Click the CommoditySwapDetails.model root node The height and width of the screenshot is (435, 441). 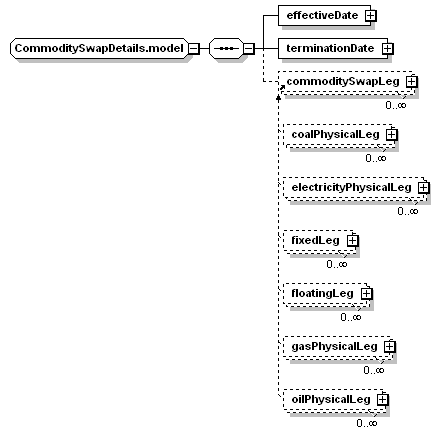[99, 49]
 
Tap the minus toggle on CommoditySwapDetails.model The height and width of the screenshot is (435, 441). [194, 49]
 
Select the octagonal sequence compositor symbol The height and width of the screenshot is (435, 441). [226, 49]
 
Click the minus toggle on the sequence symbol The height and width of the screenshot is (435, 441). [249, 49]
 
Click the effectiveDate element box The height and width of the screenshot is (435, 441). [324, 15]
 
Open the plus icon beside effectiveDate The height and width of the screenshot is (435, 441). [371, 15]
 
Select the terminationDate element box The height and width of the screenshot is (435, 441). [333, 49]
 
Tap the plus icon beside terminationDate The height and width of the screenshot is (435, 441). [387, 49]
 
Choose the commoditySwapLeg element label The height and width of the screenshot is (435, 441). [343, 82]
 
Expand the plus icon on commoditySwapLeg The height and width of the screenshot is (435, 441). [412, 82]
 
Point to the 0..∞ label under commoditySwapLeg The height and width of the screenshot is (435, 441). [396, 105]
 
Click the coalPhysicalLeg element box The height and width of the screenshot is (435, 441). [340, 135]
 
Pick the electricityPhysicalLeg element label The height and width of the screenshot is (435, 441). [351, 188]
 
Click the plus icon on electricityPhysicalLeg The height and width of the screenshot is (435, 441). [423, 188]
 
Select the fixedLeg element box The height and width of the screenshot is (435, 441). [321, 241]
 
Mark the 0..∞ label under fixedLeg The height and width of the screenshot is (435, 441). [337, 264]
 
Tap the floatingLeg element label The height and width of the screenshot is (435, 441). [322, 294]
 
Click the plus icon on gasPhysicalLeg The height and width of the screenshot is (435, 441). [389, 347]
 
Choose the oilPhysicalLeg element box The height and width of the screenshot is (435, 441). [336, 400]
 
